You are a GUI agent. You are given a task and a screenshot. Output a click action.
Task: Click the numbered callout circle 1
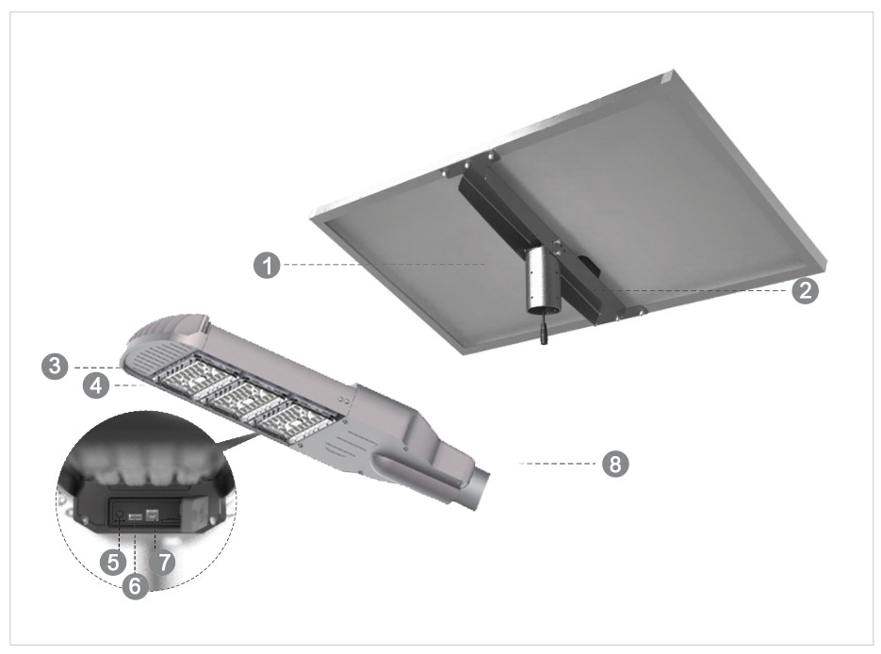(269, 266)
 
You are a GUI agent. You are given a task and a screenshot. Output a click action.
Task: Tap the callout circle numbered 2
(804, 290)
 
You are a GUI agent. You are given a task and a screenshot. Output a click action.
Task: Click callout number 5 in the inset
(113, 563)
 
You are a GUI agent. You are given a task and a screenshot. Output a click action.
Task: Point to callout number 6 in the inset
(136, 586)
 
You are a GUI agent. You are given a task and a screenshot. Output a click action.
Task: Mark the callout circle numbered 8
(615, 464)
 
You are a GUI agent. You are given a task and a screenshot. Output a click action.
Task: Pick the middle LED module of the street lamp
(248, 401)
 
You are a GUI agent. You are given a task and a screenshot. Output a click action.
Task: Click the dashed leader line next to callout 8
(556, 464)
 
